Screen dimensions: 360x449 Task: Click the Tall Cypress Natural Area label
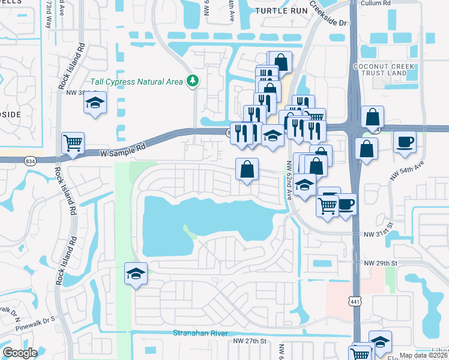[x=137, y=82]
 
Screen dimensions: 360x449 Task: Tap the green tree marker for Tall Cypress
[x=193, y=80]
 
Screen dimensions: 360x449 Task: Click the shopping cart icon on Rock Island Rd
[x=73, y=143]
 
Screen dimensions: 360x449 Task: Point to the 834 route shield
[x=29, y=161]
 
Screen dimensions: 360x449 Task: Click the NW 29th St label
[x=381, y=263]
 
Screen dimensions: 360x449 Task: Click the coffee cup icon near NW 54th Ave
[x=404, y=142]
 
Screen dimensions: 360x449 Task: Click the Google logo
[x=20, y=353]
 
